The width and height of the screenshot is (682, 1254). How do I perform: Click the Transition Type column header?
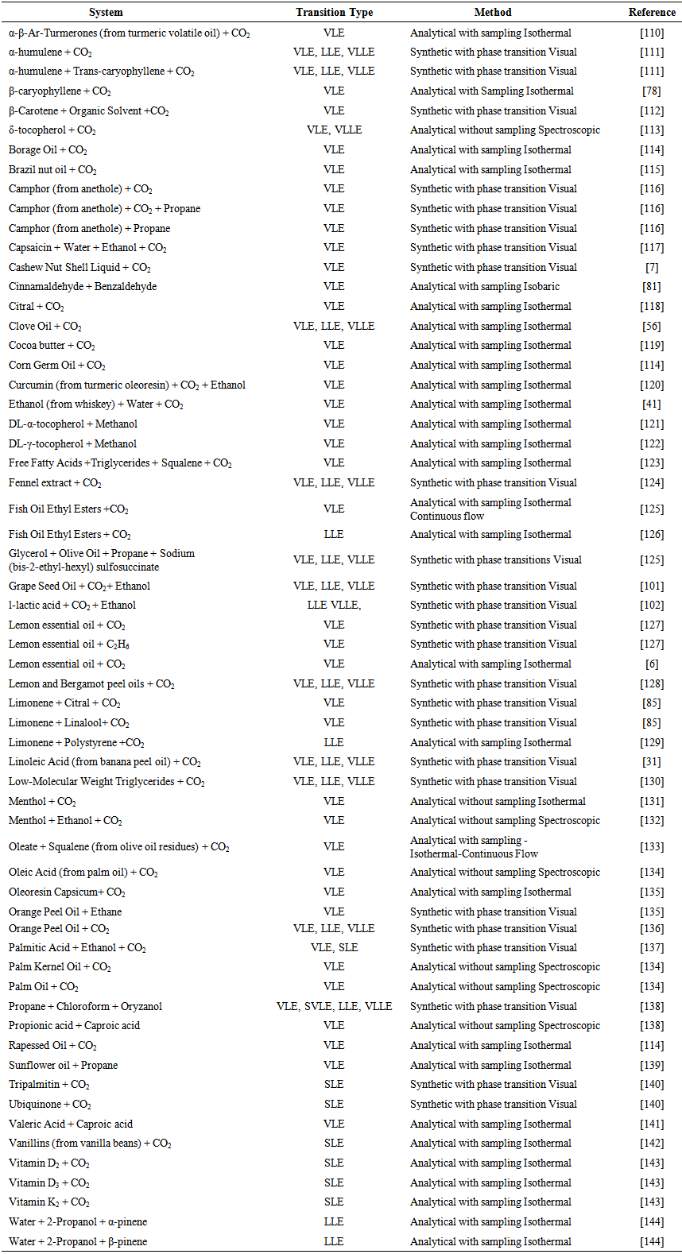[334, 12]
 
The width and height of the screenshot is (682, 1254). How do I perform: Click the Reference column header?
[652, 12]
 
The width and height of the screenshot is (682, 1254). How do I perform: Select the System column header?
[106, 12]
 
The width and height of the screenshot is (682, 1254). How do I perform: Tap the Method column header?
[493, 12]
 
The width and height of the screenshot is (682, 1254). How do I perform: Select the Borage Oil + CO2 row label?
[48, 149]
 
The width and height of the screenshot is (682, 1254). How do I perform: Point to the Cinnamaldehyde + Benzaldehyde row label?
[83, 286]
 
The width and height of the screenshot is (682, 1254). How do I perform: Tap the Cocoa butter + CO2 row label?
[52, 345]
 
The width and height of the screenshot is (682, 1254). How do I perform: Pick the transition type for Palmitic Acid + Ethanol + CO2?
[334, 947]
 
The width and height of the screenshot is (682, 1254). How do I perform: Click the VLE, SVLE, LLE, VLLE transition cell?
[334, 1006]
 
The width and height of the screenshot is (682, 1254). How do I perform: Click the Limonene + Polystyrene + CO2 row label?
[76, 742]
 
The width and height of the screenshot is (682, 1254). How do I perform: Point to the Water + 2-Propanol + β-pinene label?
[78, 1241]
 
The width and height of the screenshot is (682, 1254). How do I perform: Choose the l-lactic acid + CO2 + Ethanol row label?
[72, 605]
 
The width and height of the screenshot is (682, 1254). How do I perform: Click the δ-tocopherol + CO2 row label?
[52, 130]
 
